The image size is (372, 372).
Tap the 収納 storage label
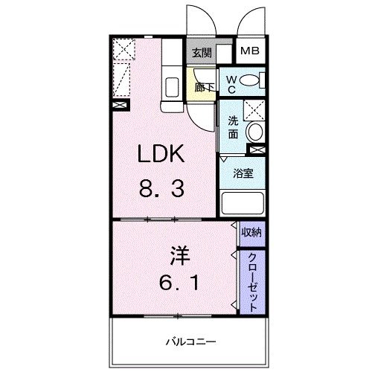[252, 233]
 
